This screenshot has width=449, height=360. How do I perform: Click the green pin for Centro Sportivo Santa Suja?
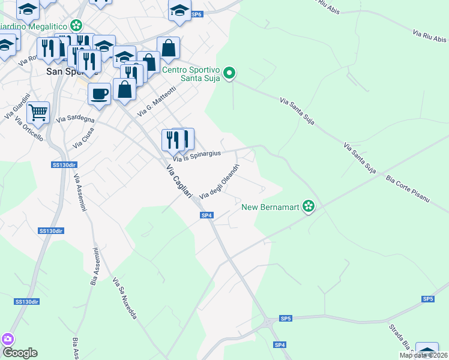[229, 74]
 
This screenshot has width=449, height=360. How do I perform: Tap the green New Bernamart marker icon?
[309, 207]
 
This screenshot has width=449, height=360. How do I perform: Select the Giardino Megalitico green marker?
[76, 25]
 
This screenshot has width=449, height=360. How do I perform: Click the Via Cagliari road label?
[179, 181]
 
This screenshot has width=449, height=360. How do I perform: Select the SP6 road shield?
[196, 14]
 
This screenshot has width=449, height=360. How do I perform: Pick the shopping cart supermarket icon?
[38, 112]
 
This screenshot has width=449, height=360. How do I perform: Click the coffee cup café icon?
[99, 94]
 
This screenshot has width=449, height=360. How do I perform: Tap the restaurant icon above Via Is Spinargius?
[178, 140]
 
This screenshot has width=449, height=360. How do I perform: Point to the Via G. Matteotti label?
[155, 100]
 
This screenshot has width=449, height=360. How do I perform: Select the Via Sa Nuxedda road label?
[124, 302]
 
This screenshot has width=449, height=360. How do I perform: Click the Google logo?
[19, 353]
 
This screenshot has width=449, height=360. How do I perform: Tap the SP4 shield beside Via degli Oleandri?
[206, 215]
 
